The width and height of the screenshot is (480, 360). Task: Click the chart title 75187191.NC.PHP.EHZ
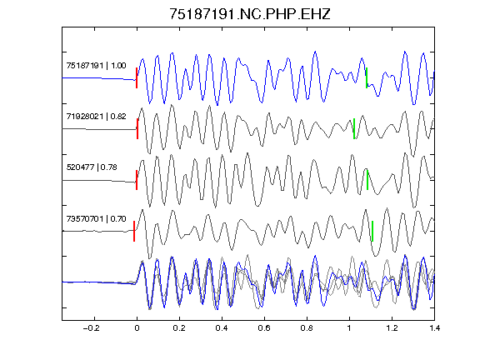pyautogui.click(x=250, y=14)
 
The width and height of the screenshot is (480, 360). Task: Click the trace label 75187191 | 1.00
pyautogui.click(x=96, y=66)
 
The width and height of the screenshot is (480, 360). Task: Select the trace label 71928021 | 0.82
pyautogui.click(x=96, y=117)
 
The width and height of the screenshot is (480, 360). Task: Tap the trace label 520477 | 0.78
pyautogui.click(x=92, y=167)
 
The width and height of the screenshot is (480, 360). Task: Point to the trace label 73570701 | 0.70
pyautogui.click(x=96, y=218)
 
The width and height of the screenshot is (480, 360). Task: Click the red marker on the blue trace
pyautogui.click(x=137, y=78)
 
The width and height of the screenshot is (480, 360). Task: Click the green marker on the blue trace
pyautogui.click(x=367, y=78)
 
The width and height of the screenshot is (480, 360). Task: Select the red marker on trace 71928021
pyautogui.click(x=137, y=129)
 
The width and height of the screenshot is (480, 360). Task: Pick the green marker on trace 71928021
pyautogui.click(x=354, y=129)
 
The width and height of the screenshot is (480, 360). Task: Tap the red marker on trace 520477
pyautogui.click(x=137, y=180)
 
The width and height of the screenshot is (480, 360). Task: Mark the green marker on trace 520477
pyautogui.click(x=367, y=180)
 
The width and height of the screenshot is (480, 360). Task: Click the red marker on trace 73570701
pyautogui.click(x=134, y=231)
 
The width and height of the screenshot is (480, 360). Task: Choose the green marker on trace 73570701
pyautogui.click(x=372, y=231)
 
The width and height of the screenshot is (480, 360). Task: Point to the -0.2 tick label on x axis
pyautogui.click(x=91, y=328)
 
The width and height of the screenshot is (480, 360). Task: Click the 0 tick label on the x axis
pyautogui.click(x=137, y=328)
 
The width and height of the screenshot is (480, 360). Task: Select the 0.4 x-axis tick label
pyautogui.click(x=222, y=328)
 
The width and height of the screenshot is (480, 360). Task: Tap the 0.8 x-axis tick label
pyautogui.click(x=307, y=328)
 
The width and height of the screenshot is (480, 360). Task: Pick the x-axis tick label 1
pyautogui.click(x=349, y=328)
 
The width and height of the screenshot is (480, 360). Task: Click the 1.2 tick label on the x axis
pyautogui.click(x=392, y=328)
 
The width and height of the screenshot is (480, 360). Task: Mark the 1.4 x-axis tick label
pyautogui.click(x=434, y=328)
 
